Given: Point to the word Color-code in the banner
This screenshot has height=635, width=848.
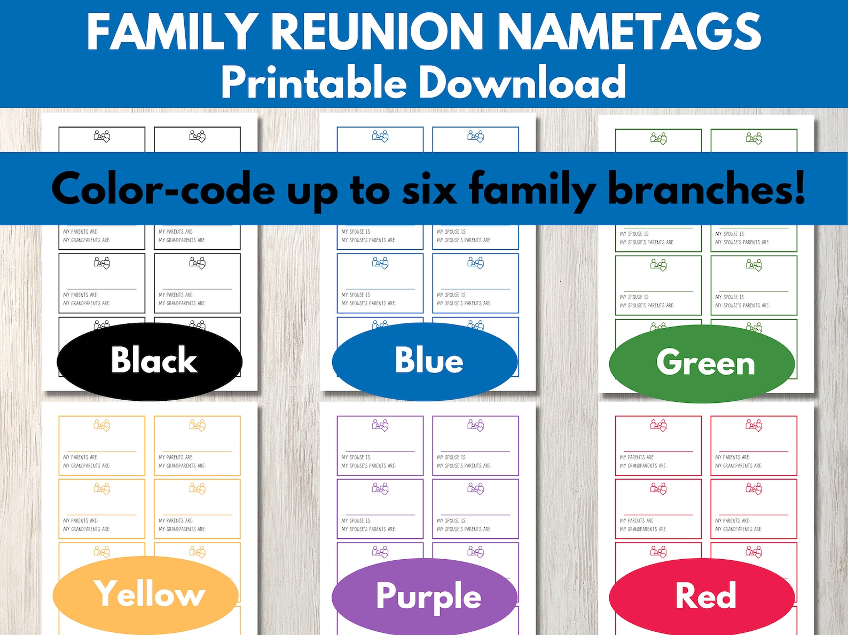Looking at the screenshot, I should point(163,190).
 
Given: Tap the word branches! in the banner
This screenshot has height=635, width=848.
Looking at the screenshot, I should point(706,190).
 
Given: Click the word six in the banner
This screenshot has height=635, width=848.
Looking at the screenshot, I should point(429,190).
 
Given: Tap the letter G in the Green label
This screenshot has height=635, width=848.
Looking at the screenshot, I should point(670,362).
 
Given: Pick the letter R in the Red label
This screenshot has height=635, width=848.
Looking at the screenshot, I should point(688,595).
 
